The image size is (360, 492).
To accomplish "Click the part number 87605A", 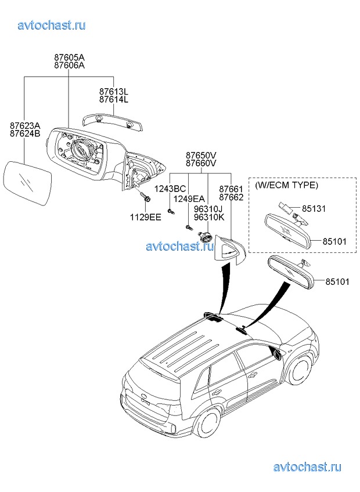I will pos(69,57).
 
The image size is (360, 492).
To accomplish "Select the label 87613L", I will pos(114,92).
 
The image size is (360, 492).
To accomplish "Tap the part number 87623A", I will pos(25,125).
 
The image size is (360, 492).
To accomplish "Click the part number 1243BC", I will pos(170,189).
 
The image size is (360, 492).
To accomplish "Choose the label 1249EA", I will pos(189,199).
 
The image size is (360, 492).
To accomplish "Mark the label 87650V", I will pos(201,155).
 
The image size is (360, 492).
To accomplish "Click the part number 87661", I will pos(231,189).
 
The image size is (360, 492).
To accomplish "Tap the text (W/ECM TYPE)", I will pos(286,185).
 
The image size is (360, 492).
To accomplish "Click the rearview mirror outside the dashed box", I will pos(290,271).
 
